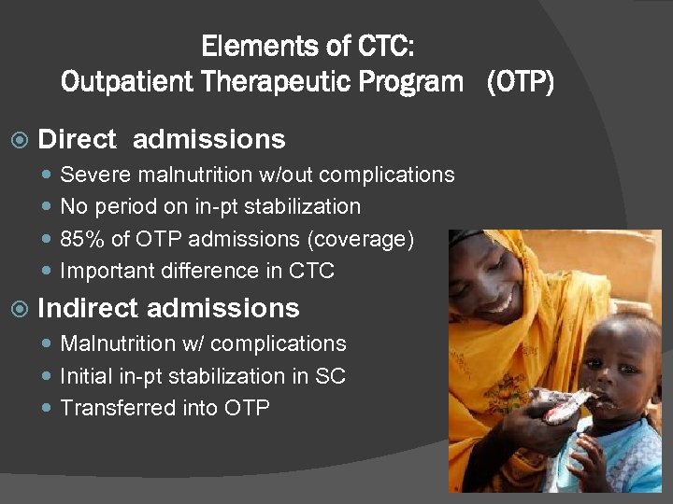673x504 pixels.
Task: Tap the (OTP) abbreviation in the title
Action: click(519, 83)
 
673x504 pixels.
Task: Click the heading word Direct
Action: click(77, 140)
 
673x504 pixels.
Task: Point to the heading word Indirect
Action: click(89, 308)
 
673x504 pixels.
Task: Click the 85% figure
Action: click(82, 239)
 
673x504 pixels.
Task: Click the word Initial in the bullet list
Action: click(83, 376)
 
